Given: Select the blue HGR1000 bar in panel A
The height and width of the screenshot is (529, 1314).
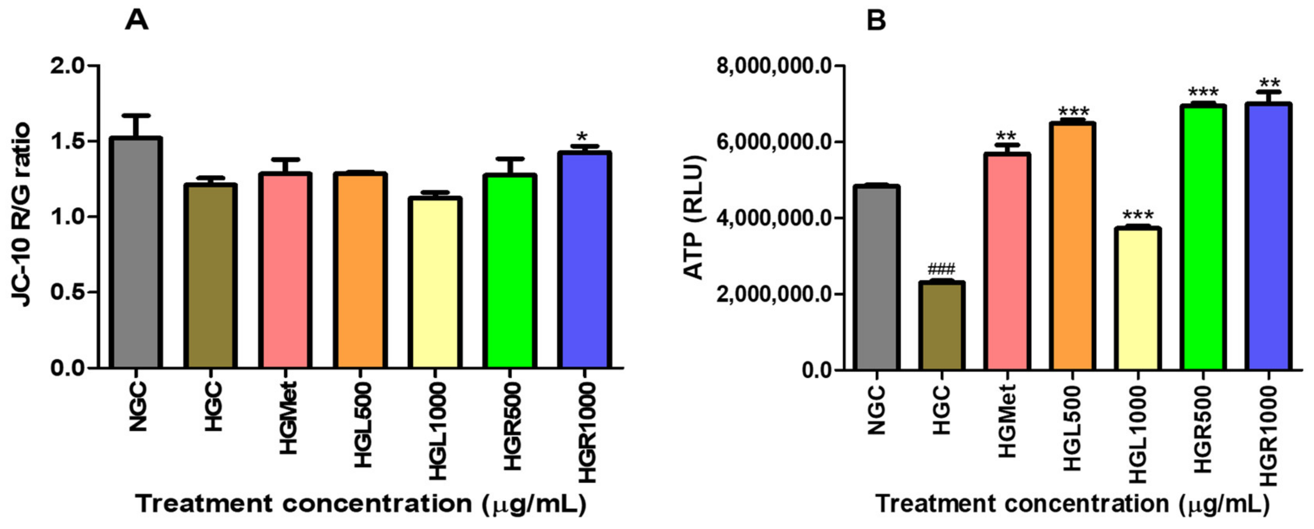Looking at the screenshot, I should pos(584,260).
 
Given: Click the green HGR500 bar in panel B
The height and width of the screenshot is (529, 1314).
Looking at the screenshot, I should pos(1203,237).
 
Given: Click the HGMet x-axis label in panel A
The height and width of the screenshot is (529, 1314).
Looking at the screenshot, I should pos(289,418).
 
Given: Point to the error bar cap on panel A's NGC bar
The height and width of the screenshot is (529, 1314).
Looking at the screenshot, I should pos(137,116).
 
